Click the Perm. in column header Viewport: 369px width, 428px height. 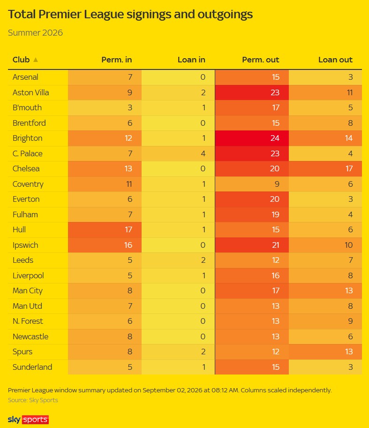point(116,60)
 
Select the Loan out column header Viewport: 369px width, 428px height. point(335,60)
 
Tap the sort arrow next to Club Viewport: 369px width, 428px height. point(36,60)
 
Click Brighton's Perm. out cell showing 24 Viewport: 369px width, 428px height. point(252,138)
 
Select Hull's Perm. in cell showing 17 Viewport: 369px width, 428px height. point(105,229)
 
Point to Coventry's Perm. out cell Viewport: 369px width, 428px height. point(252,184)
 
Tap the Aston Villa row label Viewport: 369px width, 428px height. point(30,92)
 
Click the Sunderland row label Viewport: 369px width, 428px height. point(32,367)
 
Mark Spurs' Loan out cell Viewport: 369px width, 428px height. point(325,352)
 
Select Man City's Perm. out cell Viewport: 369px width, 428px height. point(252,290)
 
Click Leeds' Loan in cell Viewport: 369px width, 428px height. point(178,260)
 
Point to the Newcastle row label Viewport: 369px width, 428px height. point(30,336)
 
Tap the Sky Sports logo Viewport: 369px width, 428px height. point(28,419)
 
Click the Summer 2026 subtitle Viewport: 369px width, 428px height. point(35,33)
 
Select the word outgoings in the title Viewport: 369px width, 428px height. point(225,15)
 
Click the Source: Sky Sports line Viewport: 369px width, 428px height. point(33,400)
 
